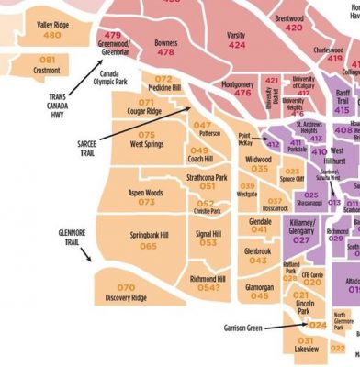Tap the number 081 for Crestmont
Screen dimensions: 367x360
tap(48, 60)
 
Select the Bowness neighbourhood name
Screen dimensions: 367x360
tap(165, 42)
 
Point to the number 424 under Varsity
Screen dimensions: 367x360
tap(237, 44)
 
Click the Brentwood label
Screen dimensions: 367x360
tap(289, 17)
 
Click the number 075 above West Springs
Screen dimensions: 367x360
tap(147, 135)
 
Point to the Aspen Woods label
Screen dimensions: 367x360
tap(144, 193)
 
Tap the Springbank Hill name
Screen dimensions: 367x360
tap(148, 235)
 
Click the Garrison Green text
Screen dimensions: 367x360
tap(244, 327)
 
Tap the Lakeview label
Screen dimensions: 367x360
tap(307, 350)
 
